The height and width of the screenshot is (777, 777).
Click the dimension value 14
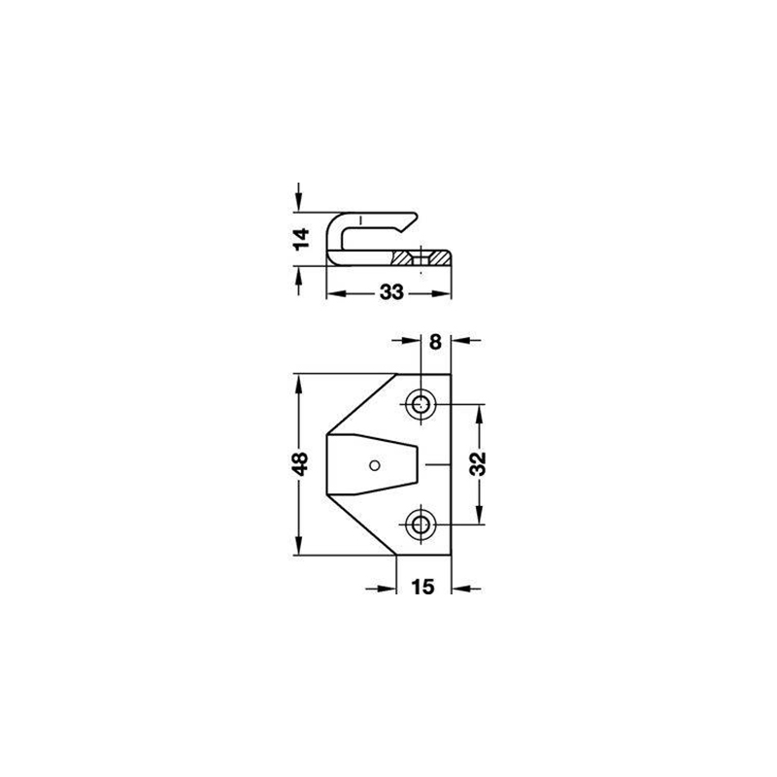click(301, 239)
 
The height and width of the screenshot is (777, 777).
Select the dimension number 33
click(391, 292)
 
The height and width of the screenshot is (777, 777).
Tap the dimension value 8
click(435, 342)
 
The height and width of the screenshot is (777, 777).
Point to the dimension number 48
click(300, 464)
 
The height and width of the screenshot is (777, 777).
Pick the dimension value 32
click(478, 464)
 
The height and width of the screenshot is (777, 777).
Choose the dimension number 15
click(422, 587)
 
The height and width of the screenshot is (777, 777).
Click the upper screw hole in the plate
click(422, 404)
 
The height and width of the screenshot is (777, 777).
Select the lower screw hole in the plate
click(422, 524)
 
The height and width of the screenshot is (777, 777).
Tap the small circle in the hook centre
click(375, 465)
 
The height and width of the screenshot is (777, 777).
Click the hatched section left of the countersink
click(401, 257)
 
